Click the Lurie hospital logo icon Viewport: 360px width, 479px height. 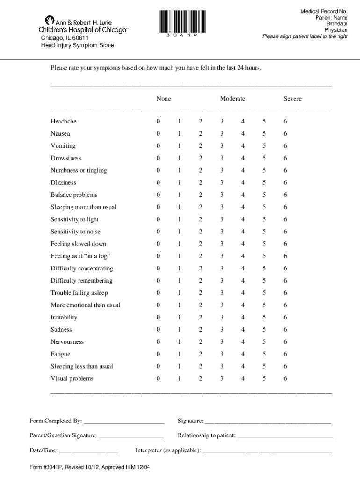coord(50,21)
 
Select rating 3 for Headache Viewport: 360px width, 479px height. coord(222,122)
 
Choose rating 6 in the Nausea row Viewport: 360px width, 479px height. coord(285,134)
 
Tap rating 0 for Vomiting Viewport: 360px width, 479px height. coord(158,146)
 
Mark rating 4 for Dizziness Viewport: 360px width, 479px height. coord(243,183)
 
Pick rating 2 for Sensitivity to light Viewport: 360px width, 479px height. coord(200,219)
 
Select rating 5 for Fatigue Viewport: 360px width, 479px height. coord(264,354)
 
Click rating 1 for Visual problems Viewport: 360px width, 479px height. coord(179,378)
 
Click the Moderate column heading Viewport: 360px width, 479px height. coord(232,99)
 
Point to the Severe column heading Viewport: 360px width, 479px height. coord(292,99)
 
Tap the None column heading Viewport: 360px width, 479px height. coord(164,99)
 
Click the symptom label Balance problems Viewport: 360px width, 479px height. coord(74,195)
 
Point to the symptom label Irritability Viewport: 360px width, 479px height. coord(64,318)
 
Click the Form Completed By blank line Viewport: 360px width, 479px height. coord(124,421)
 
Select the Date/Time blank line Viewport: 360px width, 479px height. coord(89,451)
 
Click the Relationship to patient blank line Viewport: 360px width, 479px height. coord(285,436)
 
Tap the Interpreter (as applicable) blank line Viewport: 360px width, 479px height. coord(267,451)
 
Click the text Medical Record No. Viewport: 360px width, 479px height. coord(324,11)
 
